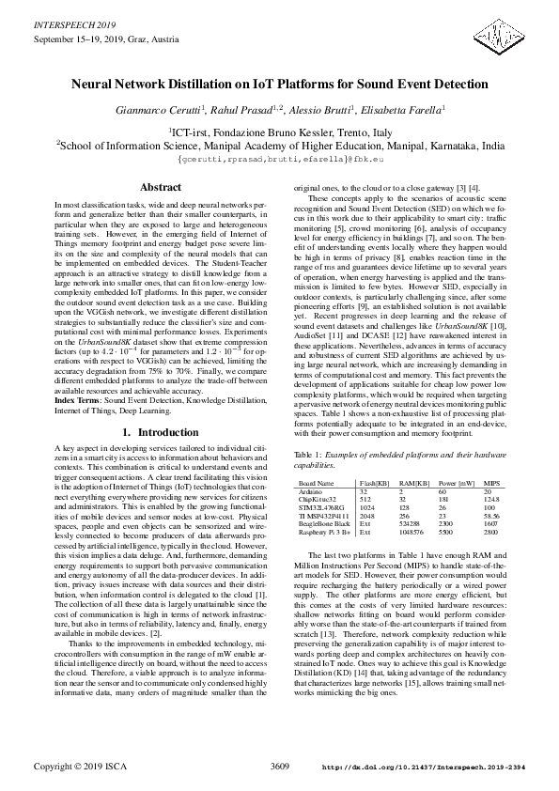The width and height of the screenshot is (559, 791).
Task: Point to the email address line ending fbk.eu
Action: pos(279,160)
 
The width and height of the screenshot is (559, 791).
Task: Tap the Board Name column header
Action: pos(317,482)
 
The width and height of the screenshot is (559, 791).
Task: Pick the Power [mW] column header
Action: pos(456,482)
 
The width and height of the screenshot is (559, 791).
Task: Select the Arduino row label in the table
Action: pos(311,491)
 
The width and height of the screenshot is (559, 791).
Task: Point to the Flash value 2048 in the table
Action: pos(368,516)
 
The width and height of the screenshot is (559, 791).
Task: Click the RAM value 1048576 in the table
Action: pos(411,532)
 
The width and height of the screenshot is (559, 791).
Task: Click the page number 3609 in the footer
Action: pos(280,767)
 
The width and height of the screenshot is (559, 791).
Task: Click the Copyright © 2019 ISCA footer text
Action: pos(80,767)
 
